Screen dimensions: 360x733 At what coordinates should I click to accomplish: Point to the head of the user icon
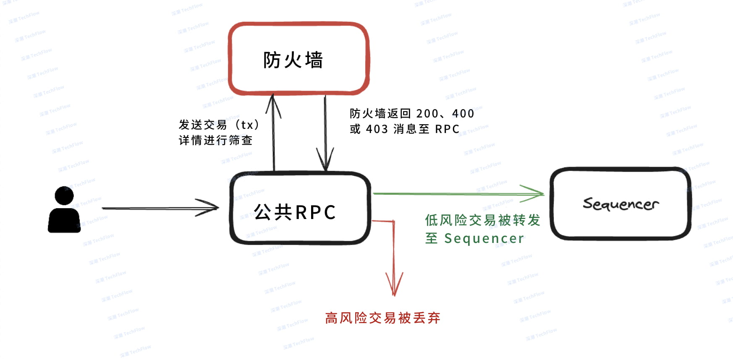click(64, 196)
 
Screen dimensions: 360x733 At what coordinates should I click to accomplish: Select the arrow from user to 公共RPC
click(160, 208)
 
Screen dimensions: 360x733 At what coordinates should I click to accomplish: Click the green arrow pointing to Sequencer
click(458, 194)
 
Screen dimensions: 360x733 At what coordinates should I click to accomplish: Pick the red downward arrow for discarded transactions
click(394, 260)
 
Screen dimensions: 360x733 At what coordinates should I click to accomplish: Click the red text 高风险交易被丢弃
click(382, 318)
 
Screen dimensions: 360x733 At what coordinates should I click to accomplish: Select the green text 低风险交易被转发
click(482, 220)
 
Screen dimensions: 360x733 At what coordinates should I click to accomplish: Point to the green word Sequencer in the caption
click(484, 238)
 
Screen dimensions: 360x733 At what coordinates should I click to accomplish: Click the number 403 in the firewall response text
click(377, 129)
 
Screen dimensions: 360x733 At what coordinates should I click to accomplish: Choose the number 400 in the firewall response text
click(463, 114)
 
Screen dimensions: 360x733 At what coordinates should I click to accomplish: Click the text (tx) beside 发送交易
click(247, 125)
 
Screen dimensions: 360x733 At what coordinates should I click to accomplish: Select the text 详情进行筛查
click(215, 140)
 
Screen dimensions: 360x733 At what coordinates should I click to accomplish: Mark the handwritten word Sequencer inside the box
click(620, 204)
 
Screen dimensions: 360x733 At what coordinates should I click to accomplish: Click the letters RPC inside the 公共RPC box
click(315, 212)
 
